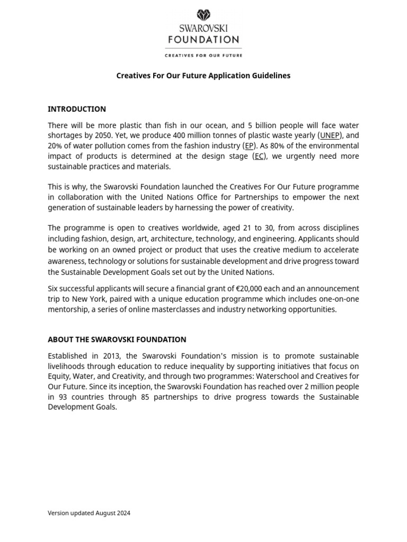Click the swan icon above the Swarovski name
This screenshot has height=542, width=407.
[x=203, y=15]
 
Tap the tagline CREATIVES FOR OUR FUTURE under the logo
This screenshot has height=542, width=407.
[x=203, y=55]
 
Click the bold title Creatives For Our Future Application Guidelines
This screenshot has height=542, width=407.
[x=203, y=76]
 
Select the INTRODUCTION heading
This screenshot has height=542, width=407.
[x=77, y=109]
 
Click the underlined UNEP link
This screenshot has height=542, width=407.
[x=330, y=135]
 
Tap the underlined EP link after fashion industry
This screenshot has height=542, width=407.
[x=249, y=146]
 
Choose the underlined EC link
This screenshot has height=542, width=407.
[x=259, y=156]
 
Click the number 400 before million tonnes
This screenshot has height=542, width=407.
[x=180, y=135]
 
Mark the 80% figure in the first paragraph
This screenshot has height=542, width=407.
[x=277, y=146]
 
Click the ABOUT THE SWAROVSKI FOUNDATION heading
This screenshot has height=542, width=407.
[x=117, y=339]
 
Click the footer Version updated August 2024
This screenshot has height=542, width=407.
[x=89, y=513]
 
